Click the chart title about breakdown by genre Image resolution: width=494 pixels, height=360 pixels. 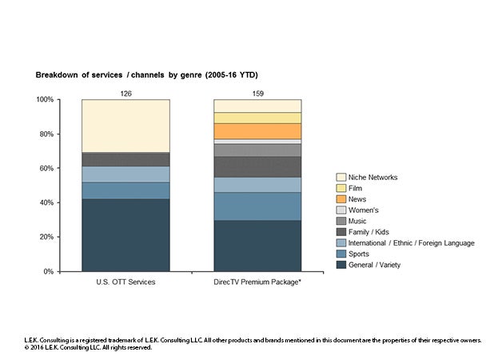point(146,75)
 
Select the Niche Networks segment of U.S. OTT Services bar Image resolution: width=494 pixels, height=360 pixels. point(126,126)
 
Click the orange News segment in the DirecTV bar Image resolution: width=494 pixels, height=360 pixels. point(257,131)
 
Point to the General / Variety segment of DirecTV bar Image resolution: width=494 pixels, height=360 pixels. point(257,246)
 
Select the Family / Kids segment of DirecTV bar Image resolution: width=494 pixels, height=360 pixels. point(257,166)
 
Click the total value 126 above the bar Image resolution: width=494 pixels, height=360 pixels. point(126,94)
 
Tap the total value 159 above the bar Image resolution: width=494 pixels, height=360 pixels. point(257,94)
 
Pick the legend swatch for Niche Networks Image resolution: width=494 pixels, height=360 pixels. point(341,178)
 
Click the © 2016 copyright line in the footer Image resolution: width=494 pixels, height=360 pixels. point(88,347)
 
